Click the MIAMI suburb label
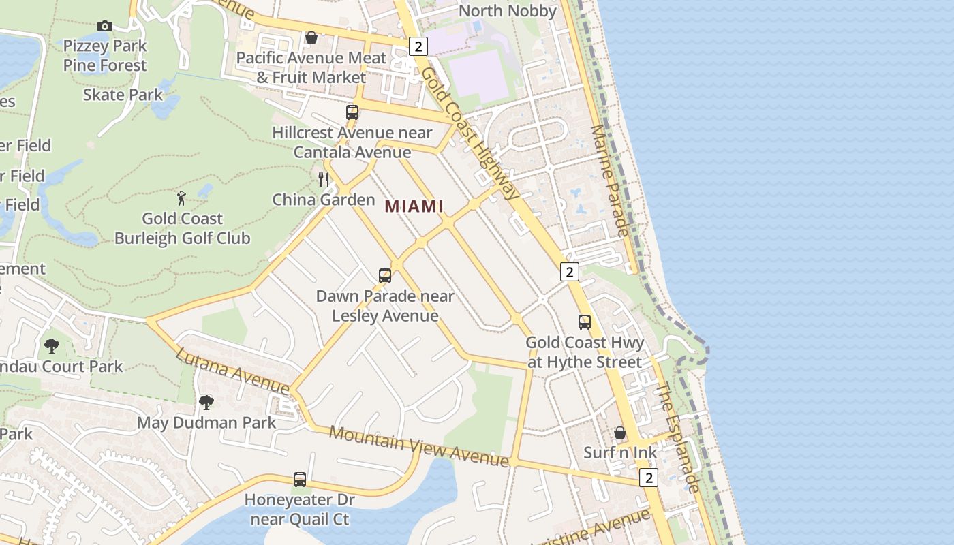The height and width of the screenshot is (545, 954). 414,206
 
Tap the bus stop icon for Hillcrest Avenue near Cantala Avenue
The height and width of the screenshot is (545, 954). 352,112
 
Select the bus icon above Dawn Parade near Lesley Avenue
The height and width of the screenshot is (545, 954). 385,276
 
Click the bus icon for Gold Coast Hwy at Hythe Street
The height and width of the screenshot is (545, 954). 585,322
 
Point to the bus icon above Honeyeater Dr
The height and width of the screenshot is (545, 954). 300,479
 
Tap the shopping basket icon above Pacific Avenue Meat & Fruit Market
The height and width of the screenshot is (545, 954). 311,37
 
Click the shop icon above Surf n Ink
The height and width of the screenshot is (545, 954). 620,433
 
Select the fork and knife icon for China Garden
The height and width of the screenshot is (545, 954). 324,180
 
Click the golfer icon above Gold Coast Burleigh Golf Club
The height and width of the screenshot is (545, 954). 181,199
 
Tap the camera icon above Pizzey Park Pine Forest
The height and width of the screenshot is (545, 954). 104,26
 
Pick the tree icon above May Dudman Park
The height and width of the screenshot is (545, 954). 206,403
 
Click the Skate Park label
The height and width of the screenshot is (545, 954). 123,95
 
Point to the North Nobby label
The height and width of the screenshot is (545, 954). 508,11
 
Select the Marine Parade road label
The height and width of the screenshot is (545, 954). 610,181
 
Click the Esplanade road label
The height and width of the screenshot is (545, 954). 678,437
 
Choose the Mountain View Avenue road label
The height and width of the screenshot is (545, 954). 418,446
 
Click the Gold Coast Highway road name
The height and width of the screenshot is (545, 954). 470,134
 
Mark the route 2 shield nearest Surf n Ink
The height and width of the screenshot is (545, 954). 649,478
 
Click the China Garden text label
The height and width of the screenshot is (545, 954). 324,200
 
